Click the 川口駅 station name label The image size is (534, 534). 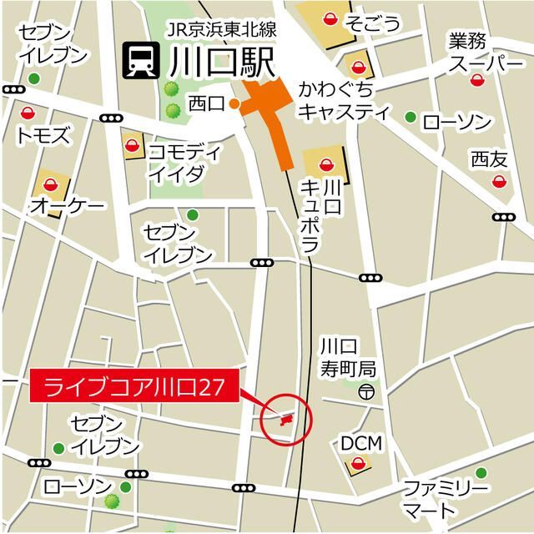220,62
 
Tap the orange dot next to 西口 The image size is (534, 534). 235,104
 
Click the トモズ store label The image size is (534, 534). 43,135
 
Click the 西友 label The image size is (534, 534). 488,159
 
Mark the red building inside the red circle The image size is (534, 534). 286,419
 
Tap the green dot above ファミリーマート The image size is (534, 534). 481,473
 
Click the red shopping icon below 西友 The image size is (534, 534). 499,181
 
